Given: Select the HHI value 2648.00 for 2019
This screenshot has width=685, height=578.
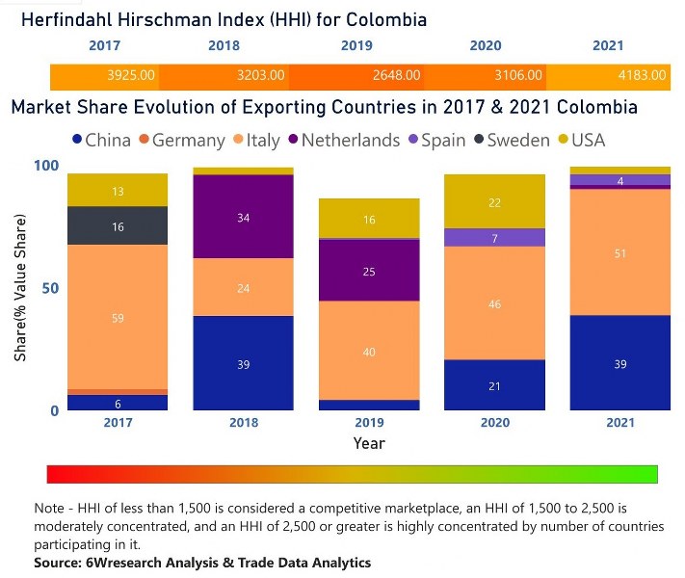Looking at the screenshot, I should (x=396, y=74).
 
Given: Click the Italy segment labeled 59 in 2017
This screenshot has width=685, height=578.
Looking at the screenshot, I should (x=118, y=317).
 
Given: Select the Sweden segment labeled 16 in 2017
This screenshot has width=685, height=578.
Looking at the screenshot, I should (x=118, y=226).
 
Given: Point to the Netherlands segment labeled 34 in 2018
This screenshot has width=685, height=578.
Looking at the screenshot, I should (x=243, y=218).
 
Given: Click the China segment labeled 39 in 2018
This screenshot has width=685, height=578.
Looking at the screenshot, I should (x=243, y=363).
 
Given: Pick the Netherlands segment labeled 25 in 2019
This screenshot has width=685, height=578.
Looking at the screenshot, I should (x=369, y=272).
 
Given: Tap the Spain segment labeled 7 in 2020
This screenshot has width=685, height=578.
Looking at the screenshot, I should (x=494, y=238).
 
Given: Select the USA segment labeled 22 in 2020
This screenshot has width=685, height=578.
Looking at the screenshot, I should (x=494, y=202).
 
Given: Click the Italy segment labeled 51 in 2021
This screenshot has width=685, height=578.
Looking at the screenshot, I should (x=619, y=253).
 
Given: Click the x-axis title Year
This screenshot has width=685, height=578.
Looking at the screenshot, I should (x=369, y=444).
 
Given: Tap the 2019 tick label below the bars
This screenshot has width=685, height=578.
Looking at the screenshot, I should (x=369, y=423).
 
